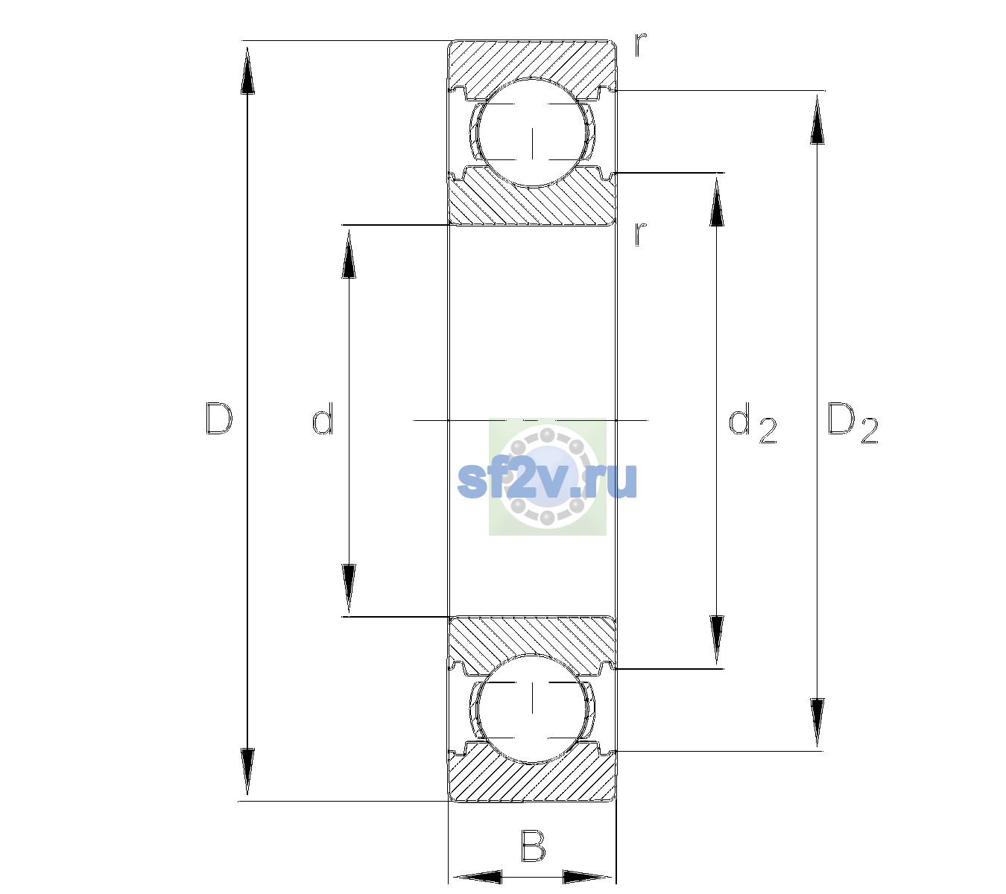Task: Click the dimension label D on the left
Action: pos(219,419)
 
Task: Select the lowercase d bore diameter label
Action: pos(323,419)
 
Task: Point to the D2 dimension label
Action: pos(852,422)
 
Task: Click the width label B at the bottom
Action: pos(534,846)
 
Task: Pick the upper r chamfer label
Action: pos(641,45)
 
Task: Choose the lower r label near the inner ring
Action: pos(641,234)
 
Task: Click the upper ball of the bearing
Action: pos(532,133)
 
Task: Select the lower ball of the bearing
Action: pos(532,708)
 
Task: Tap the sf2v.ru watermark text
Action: pos(547,480)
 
